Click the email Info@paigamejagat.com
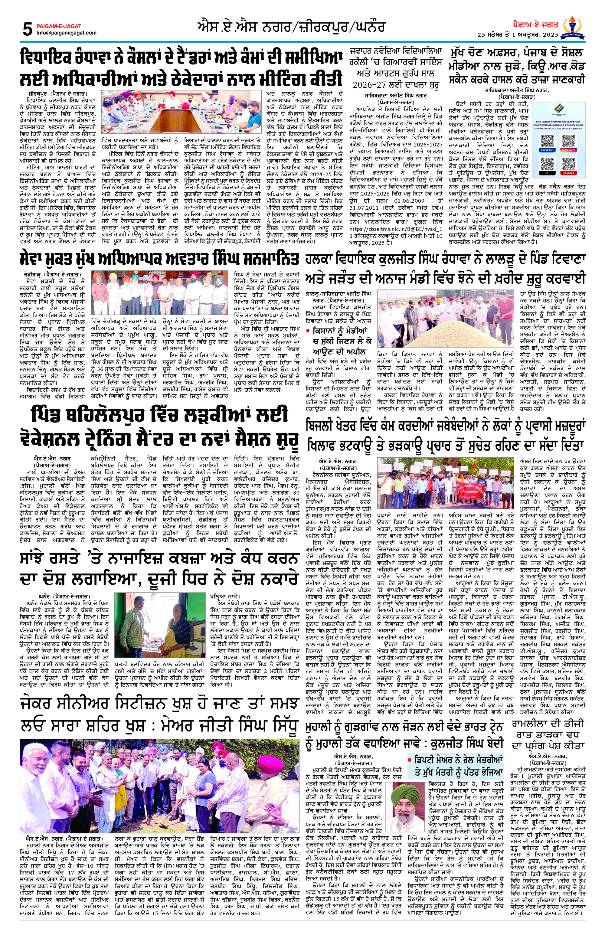(66, 33)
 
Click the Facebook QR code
(547, 141)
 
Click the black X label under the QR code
(547, 173)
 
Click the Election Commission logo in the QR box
(559, 108)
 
